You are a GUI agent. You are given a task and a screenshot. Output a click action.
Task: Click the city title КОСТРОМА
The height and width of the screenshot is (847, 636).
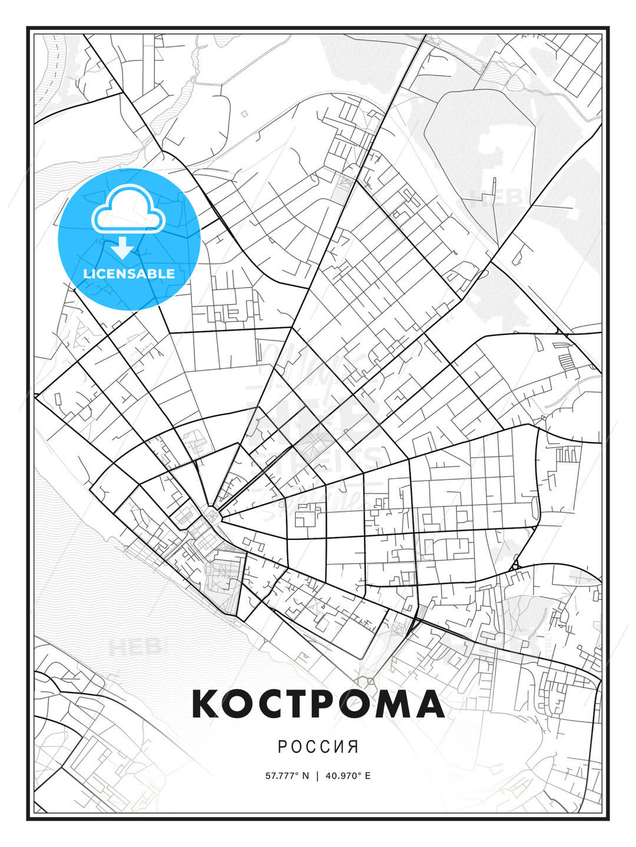[x=318, y=704]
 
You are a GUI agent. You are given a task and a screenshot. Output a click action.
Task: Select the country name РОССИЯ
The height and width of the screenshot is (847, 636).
[x=318, y=747]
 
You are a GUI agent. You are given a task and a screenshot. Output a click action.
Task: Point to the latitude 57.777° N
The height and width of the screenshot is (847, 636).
[x=287, y=775]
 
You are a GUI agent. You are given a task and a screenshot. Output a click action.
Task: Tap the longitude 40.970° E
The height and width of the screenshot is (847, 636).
[x=348, y=775]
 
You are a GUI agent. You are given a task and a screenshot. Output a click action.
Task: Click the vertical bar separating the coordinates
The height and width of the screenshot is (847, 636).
[x=317, y=775]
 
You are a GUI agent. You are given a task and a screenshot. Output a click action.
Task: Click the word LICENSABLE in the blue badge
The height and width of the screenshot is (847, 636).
[x=129, y=274]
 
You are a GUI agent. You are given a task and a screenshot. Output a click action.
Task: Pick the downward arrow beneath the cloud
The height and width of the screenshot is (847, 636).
[x=122, y=248]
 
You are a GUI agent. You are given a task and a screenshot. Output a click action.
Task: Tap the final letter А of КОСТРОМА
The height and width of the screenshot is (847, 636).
[x=430, y=704]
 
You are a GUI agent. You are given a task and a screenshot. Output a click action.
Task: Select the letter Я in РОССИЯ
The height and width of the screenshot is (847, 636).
[x=353, y=747]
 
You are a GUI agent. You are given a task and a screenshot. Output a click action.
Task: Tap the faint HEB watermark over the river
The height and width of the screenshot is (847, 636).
[x=135, y=647]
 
